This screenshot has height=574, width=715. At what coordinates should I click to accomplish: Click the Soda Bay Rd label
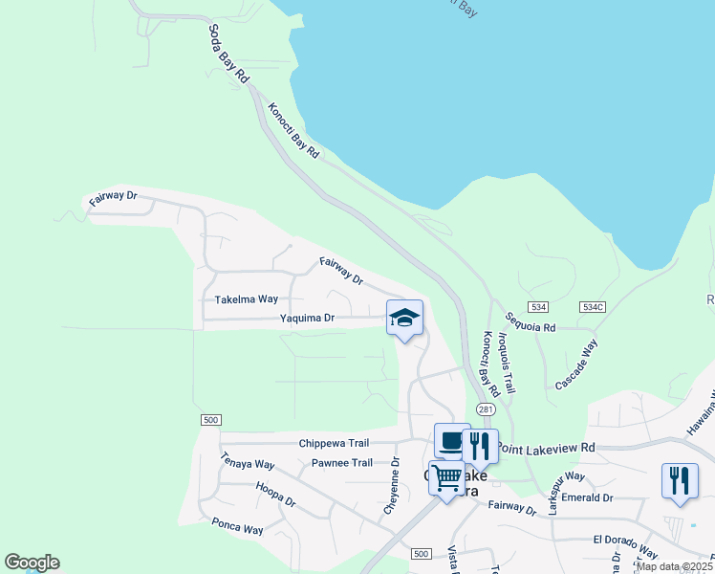[x=228, y=55]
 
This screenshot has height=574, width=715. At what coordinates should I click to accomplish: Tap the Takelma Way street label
[x=247, y=299]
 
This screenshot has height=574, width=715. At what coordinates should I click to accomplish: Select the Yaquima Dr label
[x=307, y=318]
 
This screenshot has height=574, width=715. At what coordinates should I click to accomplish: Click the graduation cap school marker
[x=404, y=318]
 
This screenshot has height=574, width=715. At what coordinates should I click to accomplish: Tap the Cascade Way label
[x=576, y=364]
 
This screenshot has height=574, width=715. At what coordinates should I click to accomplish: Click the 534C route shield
[x=593, y=306]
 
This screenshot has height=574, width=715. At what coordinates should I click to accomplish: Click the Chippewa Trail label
[x=334, y=443]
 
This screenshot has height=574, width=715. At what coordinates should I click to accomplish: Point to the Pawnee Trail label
[x=342, y=463]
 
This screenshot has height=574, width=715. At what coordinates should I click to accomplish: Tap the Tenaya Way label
[x=248, y=462]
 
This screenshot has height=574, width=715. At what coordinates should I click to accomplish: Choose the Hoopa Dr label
[x=275, y=495]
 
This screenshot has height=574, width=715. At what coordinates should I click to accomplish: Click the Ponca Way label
[x=238, y=526]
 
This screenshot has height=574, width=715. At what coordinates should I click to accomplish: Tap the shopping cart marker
[x=446, y=477]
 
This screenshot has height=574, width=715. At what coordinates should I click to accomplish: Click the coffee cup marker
[x=452, y=441]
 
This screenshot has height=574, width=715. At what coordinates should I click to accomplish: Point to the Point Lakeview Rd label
[x=547, y=447]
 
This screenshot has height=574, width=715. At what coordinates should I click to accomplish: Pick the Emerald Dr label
[x=587, y=497]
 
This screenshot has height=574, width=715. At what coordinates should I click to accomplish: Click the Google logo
[x=32, y=563]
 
